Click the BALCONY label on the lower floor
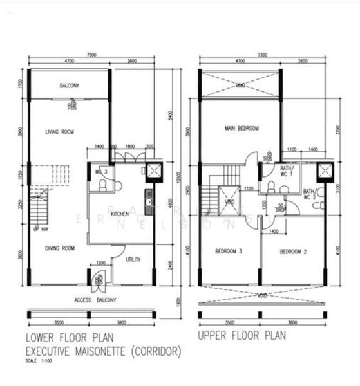69,86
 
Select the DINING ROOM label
59,248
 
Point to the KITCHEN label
120,213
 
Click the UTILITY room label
133,259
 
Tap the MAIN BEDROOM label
242,128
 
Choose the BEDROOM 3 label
228,251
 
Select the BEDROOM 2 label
294,251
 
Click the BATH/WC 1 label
287,170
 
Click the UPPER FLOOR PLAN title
242,336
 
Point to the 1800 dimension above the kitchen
130,147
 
